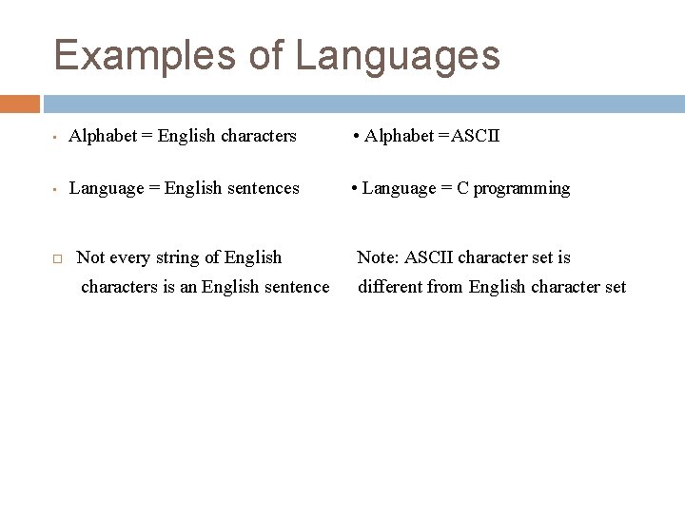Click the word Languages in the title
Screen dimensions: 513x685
(x=398, y=55)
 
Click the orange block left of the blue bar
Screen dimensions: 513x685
(x=20, y=104)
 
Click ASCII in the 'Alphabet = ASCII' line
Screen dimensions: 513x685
(x=476, y=136)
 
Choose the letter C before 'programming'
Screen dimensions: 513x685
(x=462, y=188)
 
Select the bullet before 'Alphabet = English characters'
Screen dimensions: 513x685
(x=56, y=138)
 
